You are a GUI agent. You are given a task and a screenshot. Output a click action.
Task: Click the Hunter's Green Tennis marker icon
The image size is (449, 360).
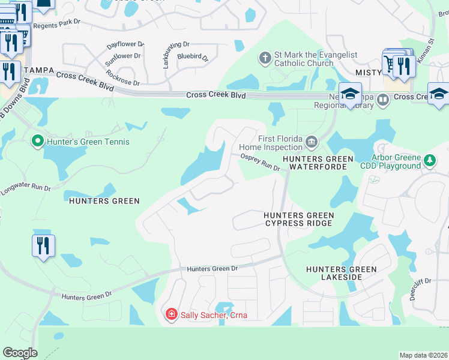(37, 142)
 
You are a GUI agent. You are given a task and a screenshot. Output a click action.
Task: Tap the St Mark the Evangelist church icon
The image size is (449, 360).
(265, 59)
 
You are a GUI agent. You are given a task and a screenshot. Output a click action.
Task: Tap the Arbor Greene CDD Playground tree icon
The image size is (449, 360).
(429, 161)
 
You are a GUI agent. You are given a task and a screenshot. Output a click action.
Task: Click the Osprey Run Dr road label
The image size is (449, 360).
(261, 162)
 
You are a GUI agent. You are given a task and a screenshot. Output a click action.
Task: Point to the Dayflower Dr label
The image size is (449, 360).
(125, 45)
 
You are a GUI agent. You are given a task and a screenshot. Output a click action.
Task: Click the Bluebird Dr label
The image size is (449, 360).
(192, 58)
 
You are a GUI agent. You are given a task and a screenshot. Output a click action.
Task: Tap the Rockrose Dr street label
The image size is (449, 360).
(122, 78)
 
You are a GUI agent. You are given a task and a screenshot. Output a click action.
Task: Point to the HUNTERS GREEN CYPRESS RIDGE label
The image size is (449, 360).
(299, 219)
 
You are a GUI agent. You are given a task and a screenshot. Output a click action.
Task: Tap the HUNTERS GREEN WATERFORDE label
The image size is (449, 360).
(315, 163)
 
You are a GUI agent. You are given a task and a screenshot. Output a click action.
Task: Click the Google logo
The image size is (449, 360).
(20, 353)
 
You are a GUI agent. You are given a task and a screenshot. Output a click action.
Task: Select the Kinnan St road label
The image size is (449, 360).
(431, 49)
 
